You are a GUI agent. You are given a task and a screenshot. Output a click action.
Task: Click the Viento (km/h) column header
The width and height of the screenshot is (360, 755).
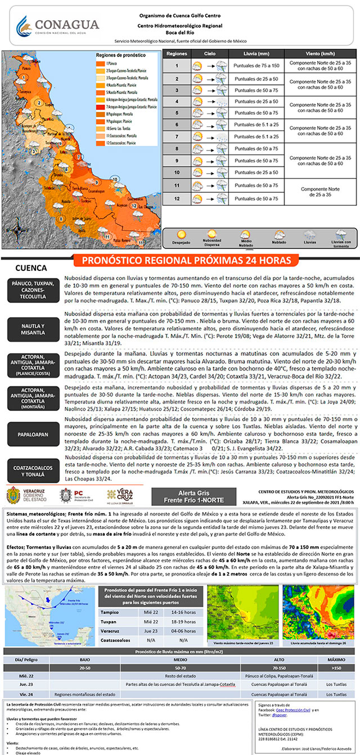320,53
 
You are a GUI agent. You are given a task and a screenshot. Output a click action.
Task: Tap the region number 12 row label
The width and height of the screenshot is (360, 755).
176,198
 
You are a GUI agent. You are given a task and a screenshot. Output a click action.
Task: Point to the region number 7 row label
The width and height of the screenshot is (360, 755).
176,137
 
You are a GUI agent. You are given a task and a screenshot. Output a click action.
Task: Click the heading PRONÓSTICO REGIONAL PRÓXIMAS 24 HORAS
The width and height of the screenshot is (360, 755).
187,261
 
